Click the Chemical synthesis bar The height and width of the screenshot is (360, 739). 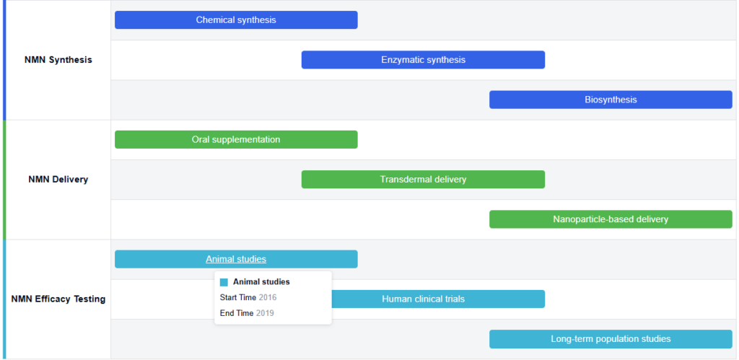pos(236,19)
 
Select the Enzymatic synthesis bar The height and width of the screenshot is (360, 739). pos(423,60)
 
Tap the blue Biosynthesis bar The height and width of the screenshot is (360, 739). pos(611,100)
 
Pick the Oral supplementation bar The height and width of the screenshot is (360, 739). pos(236,139)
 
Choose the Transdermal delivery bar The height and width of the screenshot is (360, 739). pos(423,179)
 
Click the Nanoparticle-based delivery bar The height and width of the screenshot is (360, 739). pos(611,219)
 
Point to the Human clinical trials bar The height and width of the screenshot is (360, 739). pos(438,299)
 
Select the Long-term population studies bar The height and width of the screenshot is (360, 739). pos(611,339)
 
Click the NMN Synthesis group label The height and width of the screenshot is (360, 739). pos(58,60)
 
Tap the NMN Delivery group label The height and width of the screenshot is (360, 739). pos(58,180)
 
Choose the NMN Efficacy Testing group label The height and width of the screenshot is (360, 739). pos(58,299)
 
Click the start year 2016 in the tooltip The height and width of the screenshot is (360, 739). pos(268,298)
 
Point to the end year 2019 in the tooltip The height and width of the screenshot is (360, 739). pos(265,313)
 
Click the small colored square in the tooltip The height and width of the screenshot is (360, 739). pos(224,282)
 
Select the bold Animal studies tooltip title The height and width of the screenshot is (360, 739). pos(261,282)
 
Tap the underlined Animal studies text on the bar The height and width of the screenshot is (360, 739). pos(236,259)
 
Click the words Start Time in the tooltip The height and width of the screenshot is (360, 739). pos(238,298)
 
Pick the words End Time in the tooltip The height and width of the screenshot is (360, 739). pos(237,313)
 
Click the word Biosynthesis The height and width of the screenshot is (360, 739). pos(611,100)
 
